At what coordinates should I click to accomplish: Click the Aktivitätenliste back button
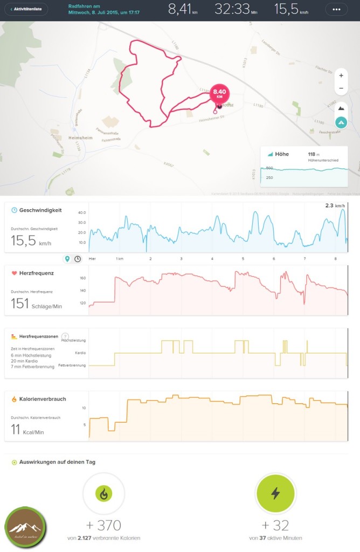[x=25, y=9]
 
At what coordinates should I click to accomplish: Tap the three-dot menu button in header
[x=336, y=10]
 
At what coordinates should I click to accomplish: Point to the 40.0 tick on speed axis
[x=82, y=212]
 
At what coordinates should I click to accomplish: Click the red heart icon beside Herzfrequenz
[x=14, y=273]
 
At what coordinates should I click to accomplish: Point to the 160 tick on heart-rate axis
[x=82, y=279]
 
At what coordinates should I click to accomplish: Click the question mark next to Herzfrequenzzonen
[x=65, y=336]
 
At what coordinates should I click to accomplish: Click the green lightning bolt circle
[x=275, y=493]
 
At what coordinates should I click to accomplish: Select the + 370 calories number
[x=103, y=525]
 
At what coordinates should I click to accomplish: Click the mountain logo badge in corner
[x=25, y=527]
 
